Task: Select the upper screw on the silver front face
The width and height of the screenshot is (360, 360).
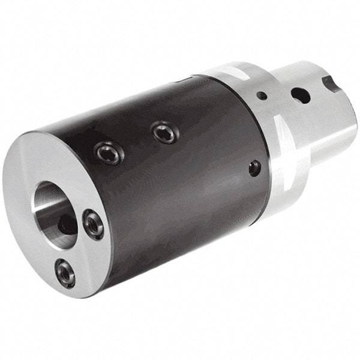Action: (x=93, y=224)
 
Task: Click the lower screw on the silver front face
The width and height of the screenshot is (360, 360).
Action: (x=65, y=274)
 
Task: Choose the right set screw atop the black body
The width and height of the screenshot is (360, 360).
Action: (x=164, y=132)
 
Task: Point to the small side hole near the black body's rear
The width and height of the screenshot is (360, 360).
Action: (x=254, y=167)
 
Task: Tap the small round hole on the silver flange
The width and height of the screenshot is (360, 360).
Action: (x=262, y=95)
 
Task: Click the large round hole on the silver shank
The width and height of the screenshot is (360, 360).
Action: (x=298, y=94)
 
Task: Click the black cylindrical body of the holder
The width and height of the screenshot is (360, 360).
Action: (x=180, y=192)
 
